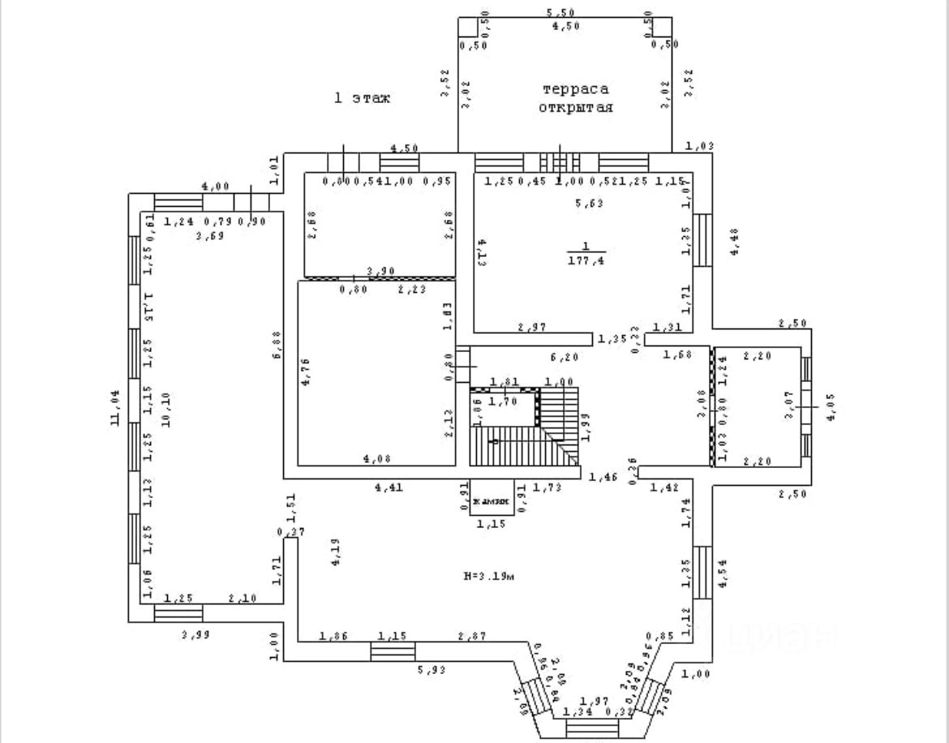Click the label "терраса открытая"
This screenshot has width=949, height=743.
(x=575, y=98)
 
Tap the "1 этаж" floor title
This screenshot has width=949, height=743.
(x=363, y=98)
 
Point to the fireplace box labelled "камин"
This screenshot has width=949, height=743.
(x=490, y=500)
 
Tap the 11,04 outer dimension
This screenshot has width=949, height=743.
(x=115, y=408)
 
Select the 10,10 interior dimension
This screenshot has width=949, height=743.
(x=165, y=408)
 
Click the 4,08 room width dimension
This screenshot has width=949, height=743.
(x=377, y=458)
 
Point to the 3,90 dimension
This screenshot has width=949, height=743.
(x=380, y=271)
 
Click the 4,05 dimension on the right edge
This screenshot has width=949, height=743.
(x=828, y=407)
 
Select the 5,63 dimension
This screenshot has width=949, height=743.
(x=589, y=204)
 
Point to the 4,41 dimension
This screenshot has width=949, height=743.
(x=389, y=487)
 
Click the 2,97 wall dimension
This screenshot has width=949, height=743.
(x=532, y=327)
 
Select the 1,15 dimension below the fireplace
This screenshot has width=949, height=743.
(x=490, y=525)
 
